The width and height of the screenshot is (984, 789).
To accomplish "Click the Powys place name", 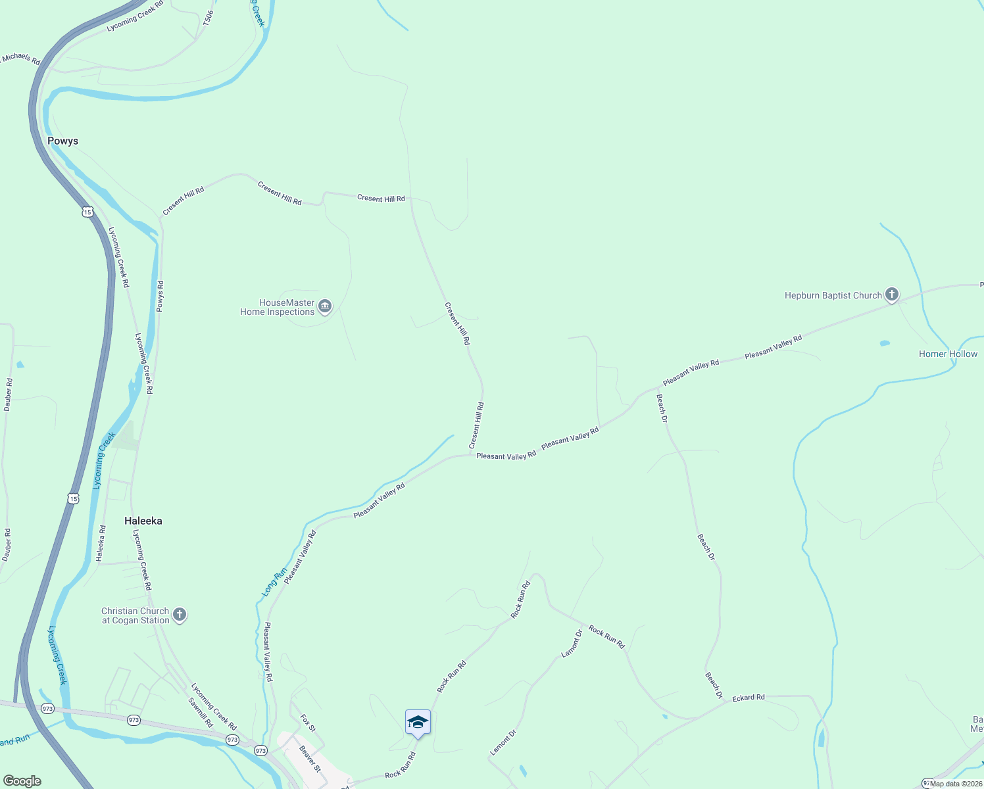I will click(x=62, y=141).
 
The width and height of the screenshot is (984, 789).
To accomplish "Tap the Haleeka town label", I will click(x=143, y=521).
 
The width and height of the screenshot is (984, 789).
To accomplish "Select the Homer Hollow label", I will click(x=948, y=354).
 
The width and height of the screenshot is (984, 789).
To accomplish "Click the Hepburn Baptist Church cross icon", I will click(x=891, y=295).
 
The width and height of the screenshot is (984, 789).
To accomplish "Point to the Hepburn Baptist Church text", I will click(x=833, y=295).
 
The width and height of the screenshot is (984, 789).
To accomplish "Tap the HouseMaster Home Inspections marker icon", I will click(x=325, y=306).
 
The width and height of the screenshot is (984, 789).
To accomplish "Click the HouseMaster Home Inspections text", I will click(x=278, y=308).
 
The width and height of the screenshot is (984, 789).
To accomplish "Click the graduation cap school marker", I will click(x=418, y=723).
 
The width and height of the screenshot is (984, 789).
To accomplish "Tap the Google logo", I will click(x=22, y=781).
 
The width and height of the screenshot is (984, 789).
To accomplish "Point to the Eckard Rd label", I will click(x=749, y=697).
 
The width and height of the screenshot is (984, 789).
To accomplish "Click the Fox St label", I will click(x=308, y=723).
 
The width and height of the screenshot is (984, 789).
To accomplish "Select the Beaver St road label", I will click(x=310, y=758).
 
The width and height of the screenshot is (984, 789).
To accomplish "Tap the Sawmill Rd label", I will click(x=200, y=712).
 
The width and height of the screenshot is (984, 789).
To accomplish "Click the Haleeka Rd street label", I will click(x=101, y=543).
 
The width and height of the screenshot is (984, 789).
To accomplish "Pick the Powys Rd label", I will click(x=160, y=296).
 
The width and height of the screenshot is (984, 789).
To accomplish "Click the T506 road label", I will click(x=208, y=18).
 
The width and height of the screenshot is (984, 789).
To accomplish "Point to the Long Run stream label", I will click(x=274, y=582).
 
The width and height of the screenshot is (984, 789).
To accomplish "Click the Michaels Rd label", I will click(x=20, y=58).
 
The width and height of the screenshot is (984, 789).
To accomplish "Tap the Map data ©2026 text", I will click(x=956, y=783).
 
